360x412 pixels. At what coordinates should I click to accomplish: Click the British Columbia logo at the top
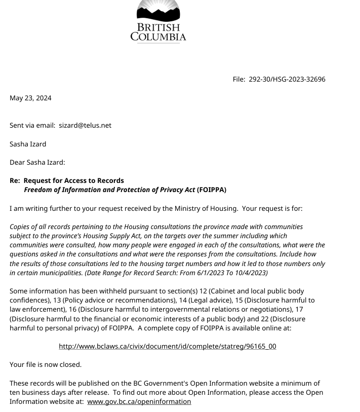pos(158,21)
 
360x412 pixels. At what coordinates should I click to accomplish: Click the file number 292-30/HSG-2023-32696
pos(287,79)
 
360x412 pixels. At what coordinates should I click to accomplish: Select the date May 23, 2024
pos(30,98)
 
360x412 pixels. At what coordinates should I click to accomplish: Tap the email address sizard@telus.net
pos(85,125)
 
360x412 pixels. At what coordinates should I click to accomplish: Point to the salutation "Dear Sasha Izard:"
pos(37,162)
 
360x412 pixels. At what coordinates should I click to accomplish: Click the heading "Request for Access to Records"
pos(74,180)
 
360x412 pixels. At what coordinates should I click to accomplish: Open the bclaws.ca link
pos(167,346)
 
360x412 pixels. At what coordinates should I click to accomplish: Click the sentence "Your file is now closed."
pos(46,364)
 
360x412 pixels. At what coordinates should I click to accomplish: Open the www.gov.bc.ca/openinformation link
pos(139,401)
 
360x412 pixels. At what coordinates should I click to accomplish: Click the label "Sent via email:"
pos(32,125)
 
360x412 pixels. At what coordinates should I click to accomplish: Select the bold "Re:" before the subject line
pos(15,180)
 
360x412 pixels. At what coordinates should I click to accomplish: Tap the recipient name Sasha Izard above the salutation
pos(28,144)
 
